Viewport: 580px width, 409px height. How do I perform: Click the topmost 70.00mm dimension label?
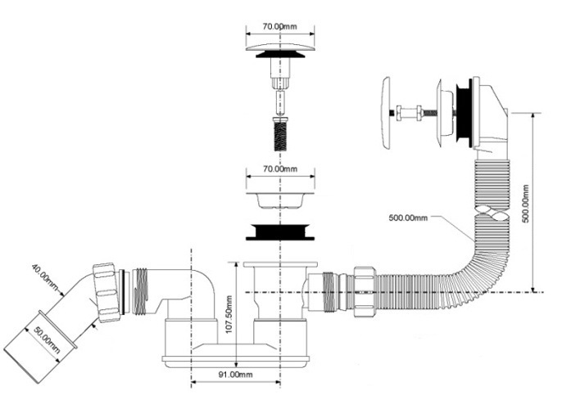pos(279,26)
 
